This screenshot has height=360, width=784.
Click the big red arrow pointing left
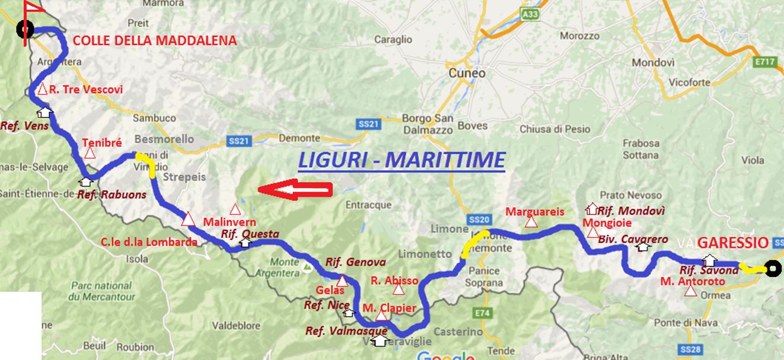coord(295,190)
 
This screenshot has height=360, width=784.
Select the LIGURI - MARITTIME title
coord(401,160)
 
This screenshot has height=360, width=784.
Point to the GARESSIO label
coord(733,243)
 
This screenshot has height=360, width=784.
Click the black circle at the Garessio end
coord(772,270)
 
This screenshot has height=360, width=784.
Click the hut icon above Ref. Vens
coord(44,111)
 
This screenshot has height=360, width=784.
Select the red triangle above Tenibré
coord(90,154)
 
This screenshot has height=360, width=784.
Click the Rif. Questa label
coord(250,234)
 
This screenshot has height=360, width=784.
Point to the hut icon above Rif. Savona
coord(709,260)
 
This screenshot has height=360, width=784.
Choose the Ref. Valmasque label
coord(346,331)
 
